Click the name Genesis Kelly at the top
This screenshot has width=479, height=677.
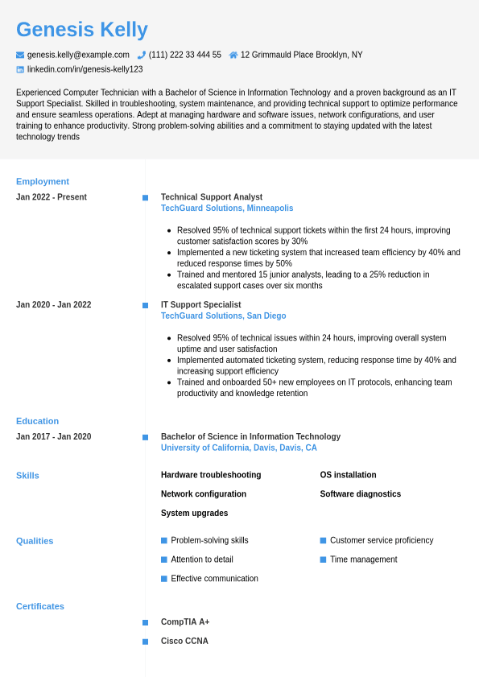pyautogui.click(x=82, y=30)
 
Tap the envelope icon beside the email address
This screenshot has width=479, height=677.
pyautogui.click(x=20, y=55)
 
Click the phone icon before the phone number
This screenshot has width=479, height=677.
pyautogui.click(x=142, y=55)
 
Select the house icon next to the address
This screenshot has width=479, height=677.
pyautogui.click(x=233, y=55)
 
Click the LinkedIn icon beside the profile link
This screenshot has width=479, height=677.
pyautogui.click(x=20, y=69)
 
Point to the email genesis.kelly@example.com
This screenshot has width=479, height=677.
pyautogui.click(x=78, y=55)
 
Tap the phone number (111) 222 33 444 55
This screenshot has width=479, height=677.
pyautogui.click(x=184, y=55)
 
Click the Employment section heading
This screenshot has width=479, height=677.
pyautogui.click(x=43, y=181)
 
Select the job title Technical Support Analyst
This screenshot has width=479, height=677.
pyautogui.click(x=212, y=197)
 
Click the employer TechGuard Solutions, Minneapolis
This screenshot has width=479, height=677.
pyautogui.click(x=227, y=208)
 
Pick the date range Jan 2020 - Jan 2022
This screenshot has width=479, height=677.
pyautogui.click(x=54, y=305)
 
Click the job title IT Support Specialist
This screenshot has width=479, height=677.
pyautogui.click(x=201, y=305)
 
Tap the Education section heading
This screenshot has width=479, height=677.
pyautogui.click(x=38, y=421)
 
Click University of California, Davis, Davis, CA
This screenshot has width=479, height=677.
pyautogui.click(x=239, y=448)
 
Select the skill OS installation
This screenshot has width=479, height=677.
pyautogui.click(x=348, y=475)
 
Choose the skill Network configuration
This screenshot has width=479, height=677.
pyautogui.click(x=204, y=494)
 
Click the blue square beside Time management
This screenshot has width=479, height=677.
pyautogui.click(x=323, y=559)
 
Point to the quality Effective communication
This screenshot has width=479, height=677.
pyautogui.click(x=214, y=579)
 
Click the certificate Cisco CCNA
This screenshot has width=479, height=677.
pyautogui.click(x=184, y=642)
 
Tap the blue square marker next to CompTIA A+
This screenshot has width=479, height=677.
pyautogui.click(x=145, y=622)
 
